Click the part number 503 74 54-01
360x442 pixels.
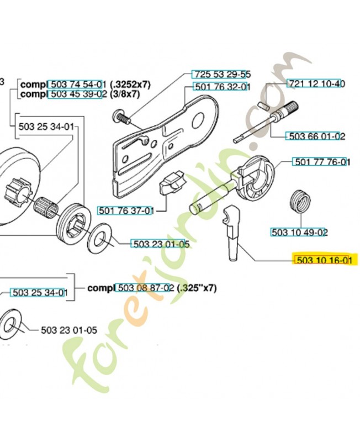click(77, 85)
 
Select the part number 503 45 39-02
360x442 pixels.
click(77, 94)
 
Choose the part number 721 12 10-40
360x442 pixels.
click(316, 84)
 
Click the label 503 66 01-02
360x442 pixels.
click(315, 136)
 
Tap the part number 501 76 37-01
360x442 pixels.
click(125, 211)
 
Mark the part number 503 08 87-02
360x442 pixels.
click(145, 288)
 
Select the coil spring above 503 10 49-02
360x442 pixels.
click(300, 202)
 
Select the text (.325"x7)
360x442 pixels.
click(197, 288)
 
